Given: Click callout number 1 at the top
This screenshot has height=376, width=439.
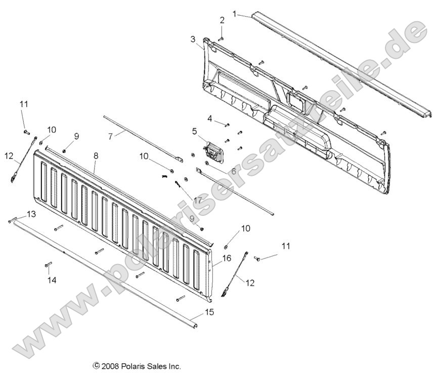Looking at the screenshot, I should [234, 14].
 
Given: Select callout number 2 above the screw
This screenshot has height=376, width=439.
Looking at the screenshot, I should [222, 20].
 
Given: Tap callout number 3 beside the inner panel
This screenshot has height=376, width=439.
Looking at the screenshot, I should [193, 39].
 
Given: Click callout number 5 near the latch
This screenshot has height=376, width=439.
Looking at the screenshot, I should [194, 131].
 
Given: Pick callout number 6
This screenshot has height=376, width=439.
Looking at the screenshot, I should [233, 171].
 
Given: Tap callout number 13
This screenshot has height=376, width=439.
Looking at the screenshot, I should [31, 214].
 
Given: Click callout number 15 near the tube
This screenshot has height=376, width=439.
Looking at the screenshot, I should [209, 312].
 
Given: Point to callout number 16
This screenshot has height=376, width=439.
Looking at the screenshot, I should [226, 258].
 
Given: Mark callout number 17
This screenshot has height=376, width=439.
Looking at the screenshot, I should [197, 201].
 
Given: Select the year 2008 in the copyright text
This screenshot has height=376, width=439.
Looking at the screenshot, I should [109, 365].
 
